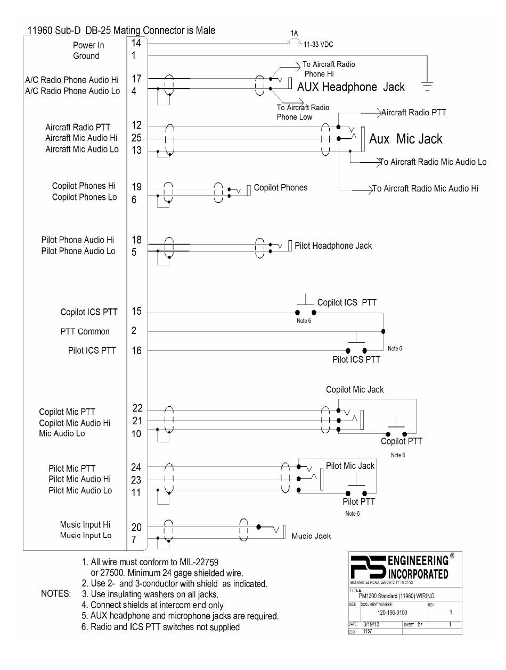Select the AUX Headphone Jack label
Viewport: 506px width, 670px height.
[350, 87]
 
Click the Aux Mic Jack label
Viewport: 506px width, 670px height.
[406, 139]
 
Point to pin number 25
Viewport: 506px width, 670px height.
[136, 138]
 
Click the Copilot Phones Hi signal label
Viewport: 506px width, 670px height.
[84, 186]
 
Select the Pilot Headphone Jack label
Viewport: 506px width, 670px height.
[333, 246]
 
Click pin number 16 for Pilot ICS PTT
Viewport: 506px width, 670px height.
[136, 350]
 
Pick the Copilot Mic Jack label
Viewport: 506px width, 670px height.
[355, 390]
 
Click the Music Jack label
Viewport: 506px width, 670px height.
[311, 536]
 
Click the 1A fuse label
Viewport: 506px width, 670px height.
[295, 33]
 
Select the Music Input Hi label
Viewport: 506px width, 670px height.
[86, 525]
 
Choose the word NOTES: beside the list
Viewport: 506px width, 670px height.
[56, 593]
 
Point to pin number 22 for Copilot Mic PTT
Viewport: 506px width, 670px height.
[137, 408]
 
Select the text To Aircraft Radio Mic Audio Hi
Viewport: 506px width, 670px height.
[425, 188]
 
